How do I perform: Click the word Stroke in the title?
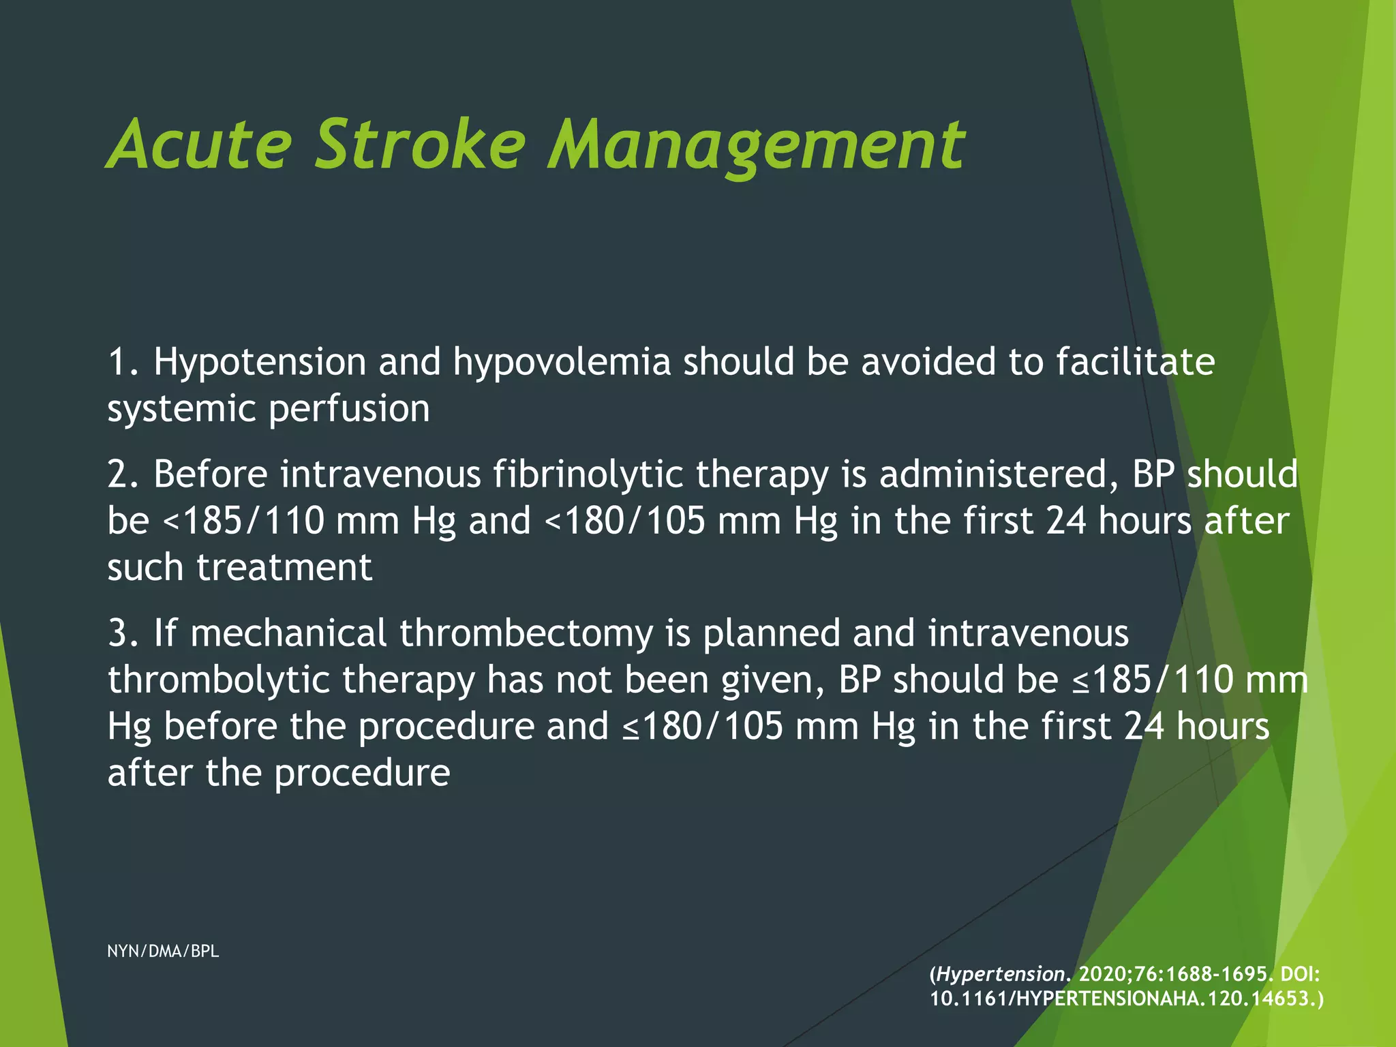(x=420, y=145)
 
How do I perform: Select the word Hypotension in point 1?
(x=260, y=362)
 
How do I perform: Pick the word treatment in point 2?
(x=284, y=568)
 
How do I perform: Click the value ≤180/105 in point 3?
(x=703, y=727)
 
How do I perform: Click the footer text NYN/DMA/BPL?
(x=163, y=952)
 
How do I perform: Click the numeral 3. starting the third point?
(x=123, y=634)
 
